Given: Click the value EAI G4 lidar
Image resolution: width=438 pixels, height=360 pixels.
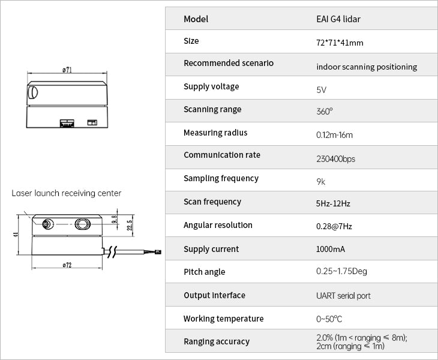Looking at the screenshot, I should coord(338,19).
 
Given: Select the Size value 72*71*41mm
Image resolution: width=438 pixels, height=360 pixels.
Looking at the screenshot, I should coord(340,43).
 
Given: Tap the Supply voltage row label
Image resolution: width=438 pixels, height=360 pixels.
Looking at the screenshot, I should coord(211,87).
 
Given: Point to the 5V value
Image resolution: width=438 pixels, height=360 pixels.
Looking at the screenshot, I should coord(321,90).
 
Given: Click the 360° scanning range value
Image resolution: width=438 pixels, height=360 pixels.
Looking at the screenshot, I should coord(324,112).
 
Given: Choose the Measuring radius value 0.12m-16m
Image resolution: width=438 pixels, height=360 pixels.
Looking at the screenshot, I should coord(334,135).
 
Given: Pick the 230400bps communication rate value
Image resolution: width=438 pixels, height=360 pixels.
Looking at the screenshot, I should coord(335,159).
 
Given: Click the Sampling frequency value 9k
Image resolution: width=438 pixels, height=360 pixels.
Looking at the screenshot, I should coord(320,181).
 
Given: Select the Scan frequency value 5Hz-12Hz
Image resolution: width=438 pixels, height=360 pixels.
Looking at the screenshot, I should coord(333,204).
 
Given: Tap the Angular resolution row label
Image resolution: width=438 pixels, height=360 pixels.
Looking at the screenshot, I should coord(218,226).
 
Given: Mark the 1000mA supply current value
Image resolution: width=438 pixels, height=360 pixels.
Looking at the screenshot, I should coord(330,250).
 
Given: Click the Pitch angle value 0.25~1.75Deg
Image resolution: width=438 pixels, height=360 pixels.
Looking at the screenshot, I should coord(341,272).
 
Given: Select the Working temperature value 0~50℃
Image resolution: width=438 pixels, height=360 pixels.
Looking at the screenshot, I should coord(329,319).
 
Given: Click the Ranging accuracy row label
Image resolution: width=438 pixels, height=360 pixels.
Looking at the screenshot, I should coord(216,342).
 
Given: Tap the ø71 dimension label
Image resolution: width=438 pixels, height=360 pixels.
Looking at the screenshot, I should coord(67,70).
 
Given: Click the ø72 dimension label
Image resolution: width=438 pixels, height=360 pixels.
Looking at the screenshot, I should coord(67,265).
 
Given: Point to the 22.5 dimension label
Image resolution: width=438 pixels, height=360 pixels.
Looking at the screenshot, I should coord(129,224).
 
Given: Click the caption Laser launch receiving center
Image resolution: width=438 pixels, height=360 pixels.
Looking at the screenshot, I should coord(67,193).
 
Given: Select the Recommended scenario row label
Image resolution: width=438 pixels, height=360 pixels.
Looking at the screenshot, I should coord(229,64).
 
